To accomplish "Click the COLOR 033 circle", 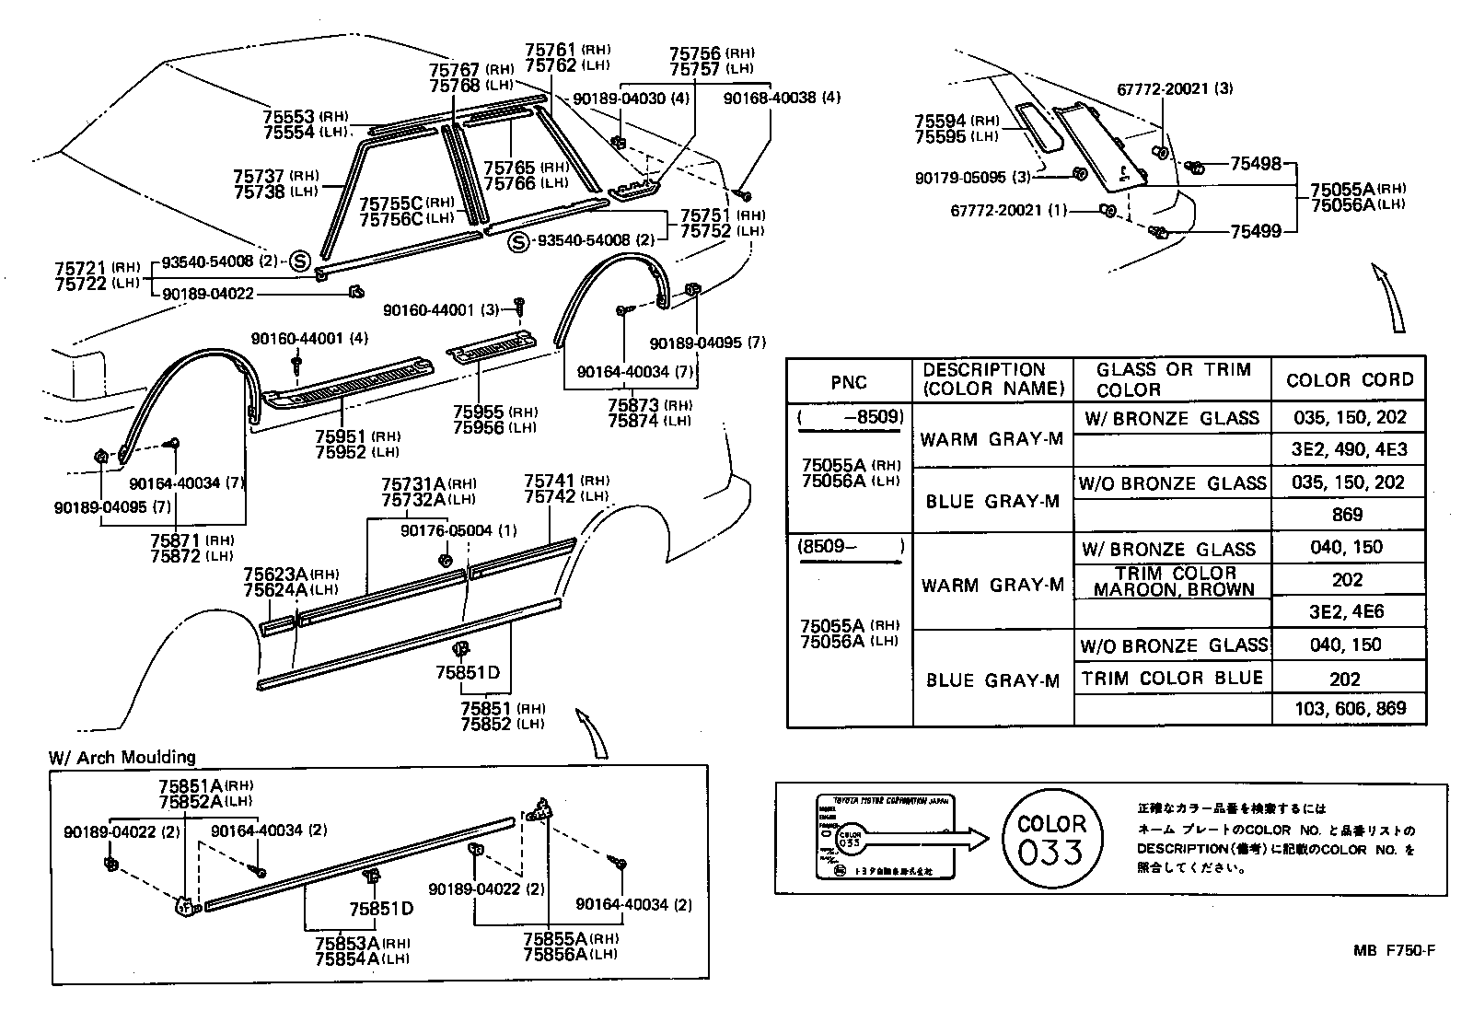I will point(1050,838).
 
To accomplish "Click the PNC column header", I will point(848,382).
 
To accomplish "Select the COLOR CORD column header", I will point(1349,380).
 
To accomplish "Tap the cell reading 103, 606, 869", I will point(1345,710).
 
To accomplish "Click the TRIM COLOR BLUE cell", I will point(1172,679).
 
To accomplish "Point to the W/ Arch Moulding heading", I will point(122,757).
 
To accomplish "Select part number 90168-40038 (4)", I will point(782,98).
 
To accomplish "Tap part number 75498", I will point(1256,164).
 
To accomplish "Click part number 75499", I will point(1256,231).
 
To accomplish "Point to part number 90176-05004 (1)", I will point(458,531).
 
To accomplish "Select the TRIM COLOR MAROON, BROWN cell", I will point(1173,581).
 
